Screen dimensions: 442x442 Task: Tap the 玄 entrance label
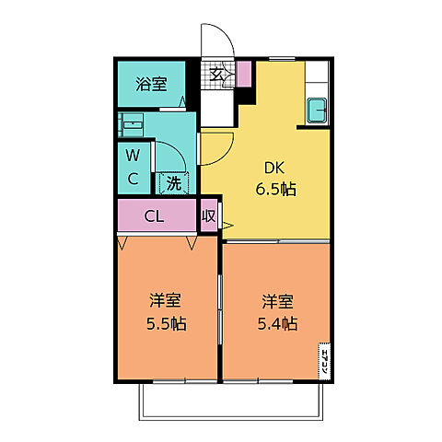(217, 75)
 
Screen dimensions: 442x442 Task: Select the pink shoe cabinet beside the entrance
(244, 75)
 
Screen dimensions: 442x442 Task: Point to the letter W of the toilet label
(134, 155)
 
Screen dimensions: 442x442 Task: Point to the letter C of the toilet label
(134, 178)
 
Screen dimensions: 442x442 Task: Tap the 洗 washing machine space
(174, 182)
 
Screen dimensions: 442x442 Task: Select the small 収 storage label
(208, 216)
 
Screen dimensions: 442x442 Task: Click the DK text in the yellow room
(275, 169)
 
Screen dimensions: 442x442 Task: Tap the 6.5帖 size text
(275, 191)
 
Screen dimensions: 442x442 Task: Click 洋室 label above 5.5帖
(166, 301)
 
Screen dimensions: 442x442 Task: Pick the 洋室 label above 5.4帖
(276, 301)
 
